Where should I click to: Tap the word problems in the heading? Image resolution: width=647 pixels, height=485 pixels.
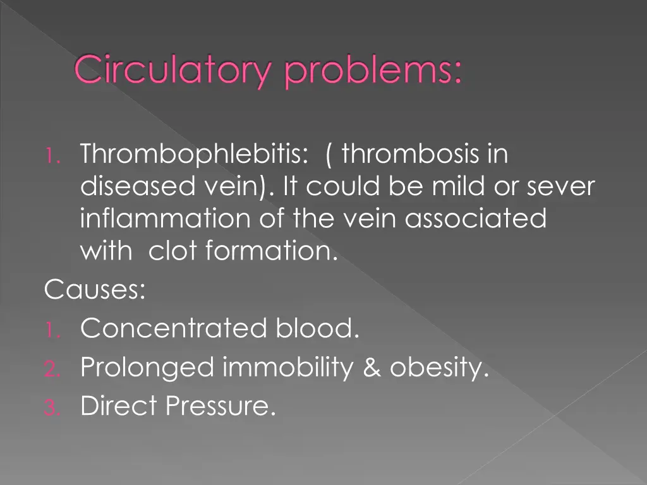tap(373, 71)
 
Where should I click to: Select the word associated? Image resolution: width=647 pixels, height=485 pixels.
tap(475, 219)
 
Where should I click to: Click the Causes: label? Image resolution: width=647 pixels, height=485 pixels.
tap(95, 290)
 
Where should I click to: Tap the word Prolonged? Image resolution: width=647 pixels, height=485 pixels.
tap(147, 368)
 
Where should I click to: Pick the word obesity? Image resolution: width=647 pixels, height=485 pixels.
tap(439, 368)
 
